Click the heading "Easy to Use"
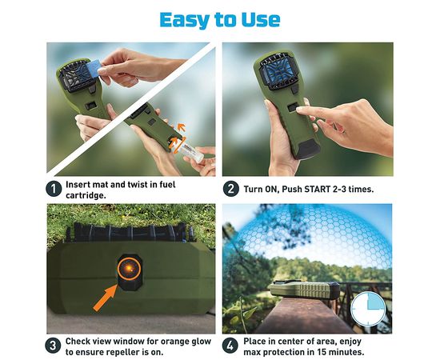click(x=220, y=20)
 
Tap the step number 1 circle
click(x=54, y=189)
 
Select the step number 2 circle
click(x=231, y=189)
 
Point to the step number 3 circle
click(x=53, y=346)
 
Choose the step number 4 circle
click(x=230, y=346)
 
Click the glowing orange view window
click(x=129, y=268)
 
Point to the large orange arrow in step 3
click(x=106, y=298)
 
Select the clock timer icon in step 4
click(x=368, y=309)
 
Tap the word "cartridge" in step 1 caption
click(x=86, y=195)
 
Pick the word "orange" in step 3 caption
click(x=177, y=342)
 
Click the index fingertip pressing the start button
click(x=300, y=110)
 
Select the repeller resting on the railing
click(x=304, y=290)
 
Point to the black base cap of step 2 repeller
click(x=308, y=149)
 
